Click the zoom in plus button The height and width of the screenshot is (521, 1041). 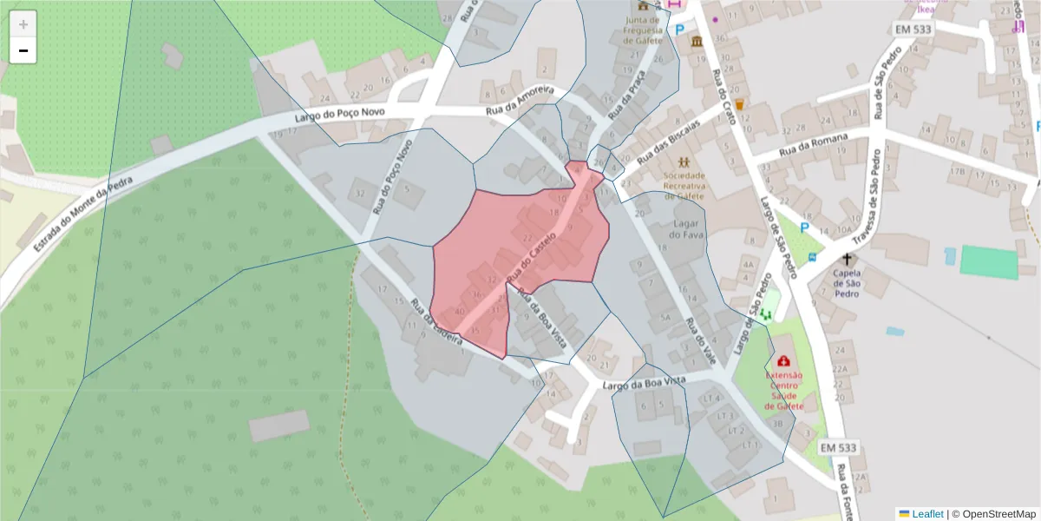click(23, 24)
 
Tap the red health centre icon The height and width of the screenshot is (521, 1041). click(784, 360)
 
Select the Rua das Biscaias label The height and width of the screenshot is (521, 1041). click(668, 142)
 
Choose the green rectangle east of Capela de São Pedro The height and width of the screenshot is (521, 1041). click(989, 263)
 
